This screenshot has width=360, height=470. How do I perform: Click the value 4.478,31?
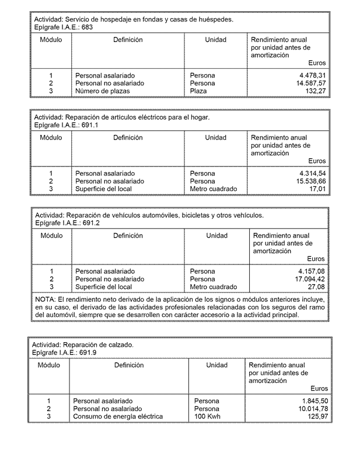pyautogui.click(x=312, y=76)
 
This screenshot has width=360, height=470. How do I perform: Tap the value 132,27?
pyautogui.click(x=316, y=91)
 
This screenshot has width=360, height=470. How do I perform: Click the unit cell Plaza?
pyautogui.click(x=198, y=91)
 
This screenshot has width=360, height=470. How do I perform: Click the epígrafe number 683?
pyautogui.click(x=87, y=27)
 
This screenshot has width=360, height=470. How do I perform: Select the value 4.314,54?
pyautogui.click(x=312, y=173)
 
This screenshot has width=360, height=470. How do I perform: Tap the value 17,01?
pyautogui.click(x=317, y=189)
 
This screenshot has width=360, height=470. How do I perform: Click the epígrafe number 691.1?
pyautogui.click(x=90, y=125)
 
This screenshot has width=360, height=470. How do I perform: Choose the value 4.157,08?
pyautogui.click(x=311, y=271)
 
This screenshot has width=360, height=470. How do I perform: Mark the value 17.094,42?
pyautogui.click(x=309, y=279)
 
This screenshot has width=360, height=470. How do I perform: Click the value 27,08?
pyautogui.click(x=316, y=287)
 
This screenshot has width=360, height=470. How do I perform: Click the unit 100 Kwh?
pyautogui.click(x=207, y=416)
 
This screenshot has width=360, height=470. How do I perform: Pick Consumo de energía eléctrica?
pyautogui.click(x=118, y=416)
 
